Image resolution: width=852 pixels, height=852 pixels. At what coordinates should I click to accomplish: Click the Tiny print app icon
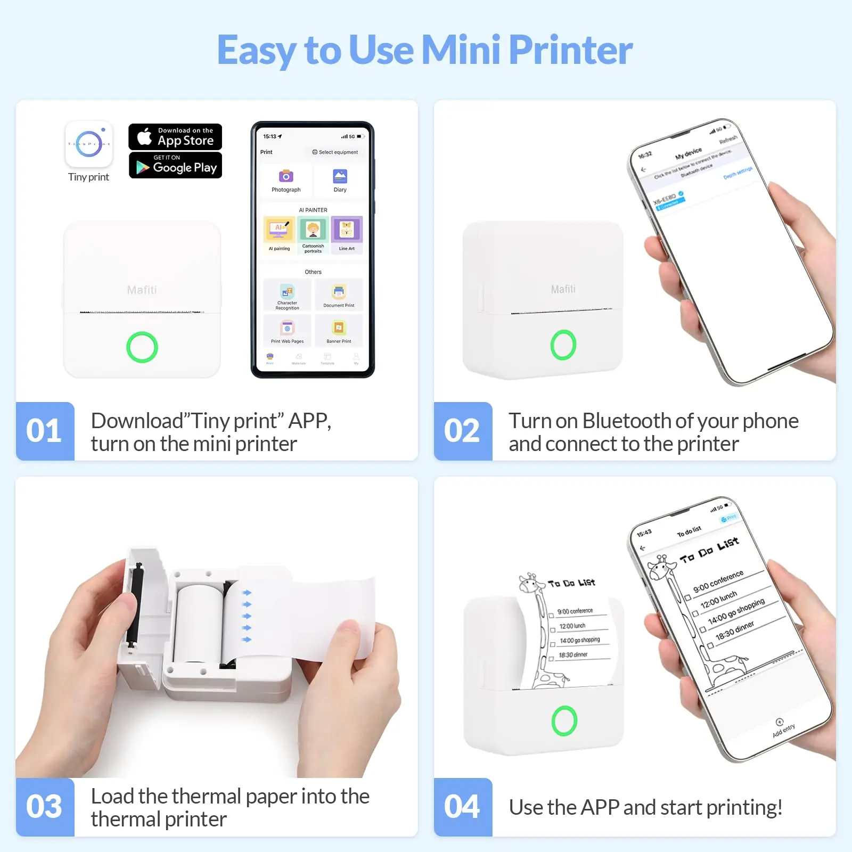coord(89,144)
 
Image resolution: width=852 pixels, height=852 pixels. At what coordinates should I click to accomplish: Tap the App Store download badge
coord(175,137)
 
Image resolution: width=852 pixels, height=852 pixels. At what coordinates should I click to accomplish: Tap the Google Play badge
coord(175,166)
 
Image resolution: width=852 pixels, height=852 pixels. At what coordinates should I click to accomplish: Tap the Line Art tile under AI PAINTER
coord(347,233)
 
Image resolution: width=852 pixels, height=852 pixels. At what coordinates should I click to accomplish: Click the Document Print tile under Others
coord(339,294)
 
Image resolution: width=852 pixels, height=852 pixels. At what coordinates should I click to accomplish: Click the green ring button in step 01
coord(142,347)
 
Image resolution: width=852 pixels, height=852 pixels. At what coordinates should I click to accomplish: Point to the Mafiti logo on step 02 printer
coord(563,289)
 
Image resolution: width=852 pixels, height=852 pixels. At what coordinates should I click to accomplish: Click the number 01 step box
coord(45,431)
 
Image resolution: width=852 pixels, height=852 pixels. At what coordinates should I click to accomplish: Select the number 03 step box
coord(45,807)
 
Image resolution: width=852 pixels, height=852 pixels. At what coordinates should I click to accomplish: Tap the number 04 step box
coord(462,807)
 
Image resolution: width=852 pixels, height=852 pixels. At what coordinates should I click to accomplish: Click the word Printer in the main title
coord(570,50)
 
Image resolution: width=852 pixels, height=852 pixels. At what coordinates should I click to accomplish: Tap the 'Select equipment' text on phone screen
coord(335,152)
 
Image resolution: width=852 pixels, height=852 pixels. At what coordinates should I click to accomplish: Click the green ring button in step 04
coord(564,720)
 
